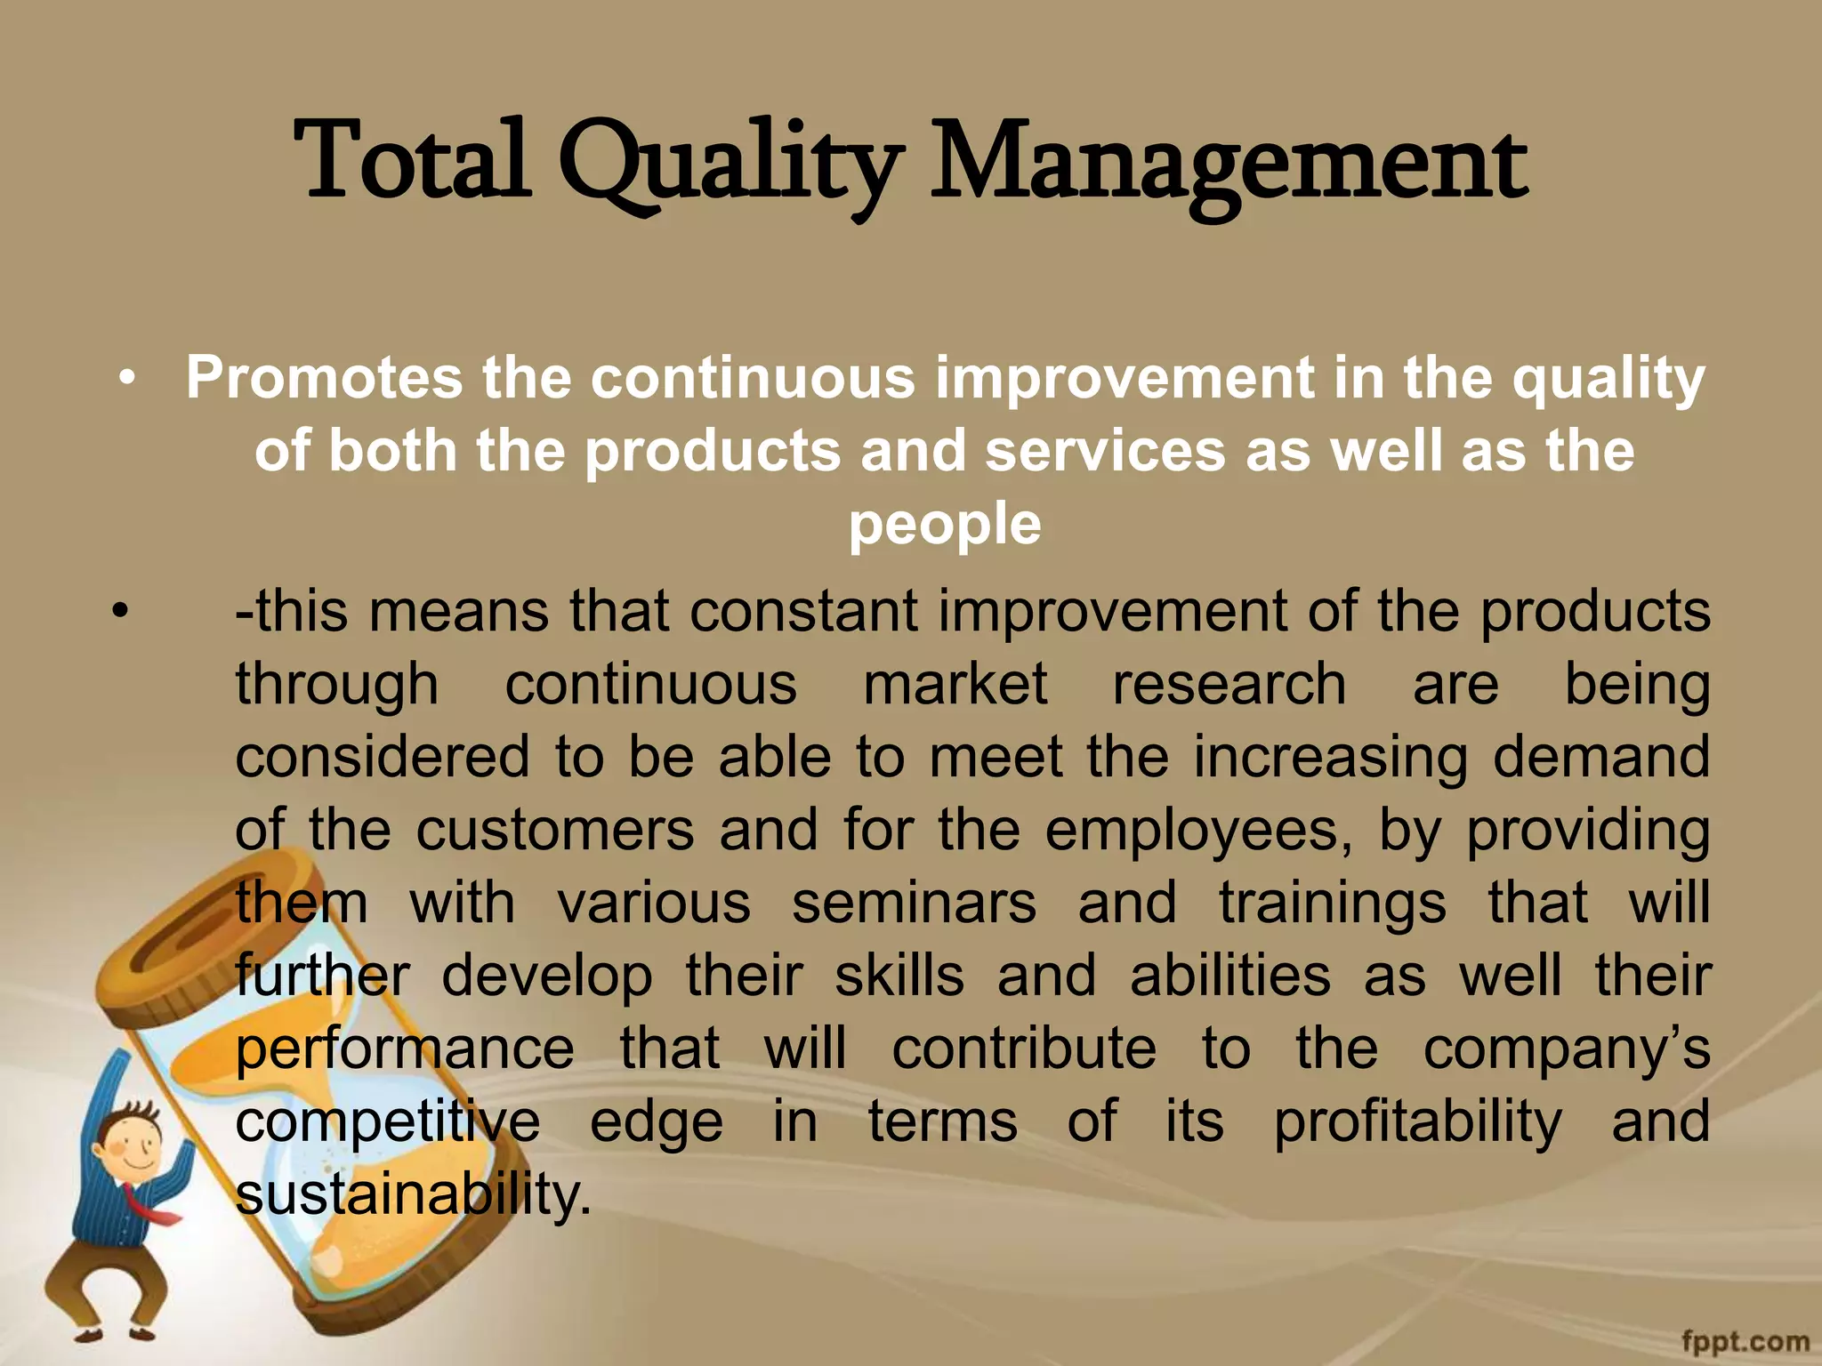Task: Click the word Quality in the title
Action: pos(730,165)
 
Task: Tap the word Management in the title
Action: pos(1228,165)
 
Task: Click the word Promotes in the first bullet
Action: pos(324,379)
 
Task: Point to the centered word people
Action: pos(945,525)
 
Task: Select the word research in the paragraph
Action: pos(1229,685)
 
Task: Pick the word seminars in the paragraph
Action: pos(914,904)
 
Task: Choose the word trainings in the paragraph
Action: pos(1333,904)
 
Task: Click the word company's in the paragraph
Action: pos(1566,1049)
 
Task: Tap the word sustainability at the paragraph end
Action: pos(413,1195)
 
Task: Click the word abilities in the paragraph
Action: pos(1230,976)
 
